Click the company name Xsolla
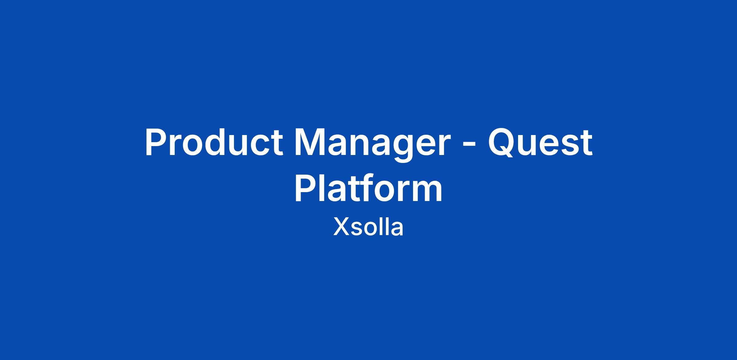[x=368, y=227]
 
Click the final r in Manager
[x=444, y=146]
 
